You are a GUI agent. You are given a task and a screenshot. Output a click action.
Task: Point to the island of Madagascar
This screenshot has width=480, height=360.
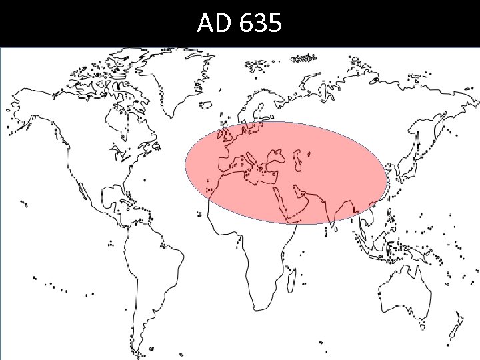pyautogui.click(x=291, y=278)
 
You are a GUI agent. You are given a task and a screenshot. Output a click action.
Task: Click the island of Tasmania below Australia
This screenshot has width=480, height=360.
pyautogui.click(x=423, y=326)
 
